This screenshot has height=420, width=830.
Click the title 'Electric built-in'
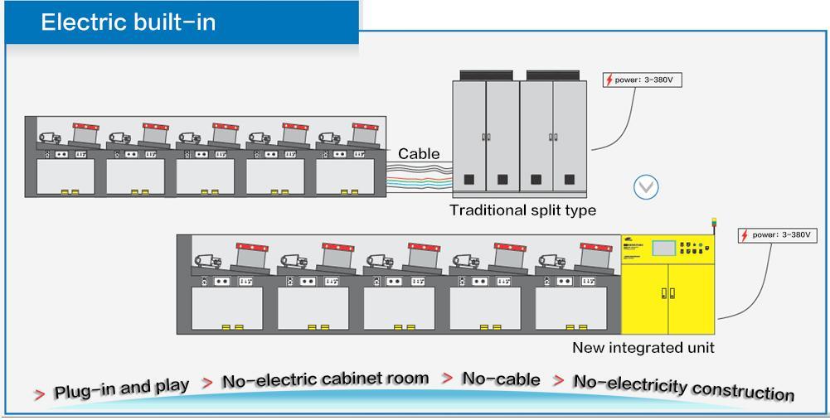click(129, 22)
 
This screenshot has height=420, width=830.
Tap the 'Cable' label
click(419, 153)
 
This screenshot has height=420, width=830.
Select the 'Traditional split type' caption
click(522, 210)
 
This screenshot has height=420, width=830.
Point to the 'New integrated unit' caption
click(643, 347)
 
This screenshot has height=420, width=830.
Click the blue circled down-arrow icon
click(646, 187)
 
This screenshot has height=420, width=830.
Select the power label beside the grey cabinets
click(643, 80)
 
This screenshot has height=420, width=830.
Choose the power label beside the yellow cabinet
click(778, 235)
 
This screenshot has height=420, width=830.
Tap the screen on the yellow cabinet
click(663, 248)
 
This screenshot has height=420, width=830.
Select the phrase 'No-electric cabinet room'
click(325, 379)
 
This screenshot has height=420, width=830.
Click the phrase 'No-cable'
click(501, 379)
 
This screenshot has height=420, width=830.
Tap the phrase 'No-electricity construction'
click(683, 386)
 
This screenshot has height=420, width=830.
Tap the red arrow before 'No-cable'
click(447, 379)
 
